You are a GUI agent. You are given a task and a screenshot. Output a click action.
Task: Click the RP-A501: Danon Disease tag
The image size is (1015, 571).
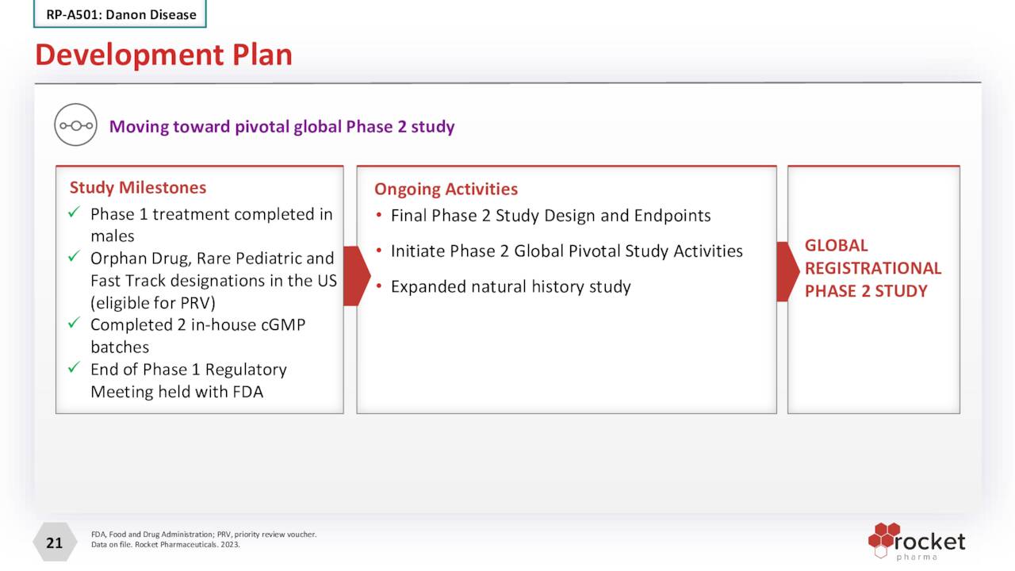pyautogui.click(x=121, y=14)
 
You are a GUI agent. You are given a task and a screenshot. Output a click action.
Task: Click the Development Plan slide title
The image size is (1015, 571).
pyautogui.click(x=163, y=55)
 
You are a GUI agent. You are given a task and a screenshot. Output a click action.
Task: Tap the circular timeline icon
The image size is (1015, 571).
pyautogui.click(x=75, y=125)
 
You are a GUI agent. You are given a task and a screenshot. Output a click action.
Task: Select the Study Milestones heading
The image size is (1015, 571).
pyautogui.click(x=138, y=187)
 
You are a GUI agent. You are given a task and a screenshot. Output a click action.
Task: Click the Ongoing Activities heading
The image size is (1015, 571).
pyautogui.click(x=446, y=189)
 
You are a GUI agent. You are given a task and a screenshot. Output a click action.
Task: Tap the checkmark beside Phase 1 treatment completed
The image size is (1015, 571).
pyautogui.click(x=74, y=213)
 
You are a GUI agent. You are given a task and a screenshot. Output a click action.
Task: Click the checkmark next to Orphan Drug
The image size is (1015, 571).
pyautogui.click(x=74, y=258)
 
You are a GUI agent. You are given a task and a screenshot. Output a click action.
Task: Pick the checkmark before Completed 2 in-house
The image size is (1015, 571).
pyautogui.click(x=74, y=324)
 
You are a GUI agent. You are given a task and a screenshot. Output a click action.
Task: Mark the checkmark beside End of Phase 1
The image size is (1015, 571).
pyautogui.click(x=74, y=369)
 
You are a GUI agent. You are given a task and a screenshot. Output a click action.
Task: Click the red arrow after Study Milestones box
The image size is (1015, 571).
pyautogui.click(x=356, y=275)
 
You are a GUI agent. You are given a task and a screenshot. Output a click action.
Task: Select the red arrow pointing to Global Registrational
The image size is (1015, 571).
pyautogui.click(x=787, y=272)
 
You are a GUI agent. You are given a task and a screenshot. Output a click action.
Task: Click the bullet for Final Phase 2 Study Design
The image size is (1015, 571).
pyautogui.click(x=380, y=216)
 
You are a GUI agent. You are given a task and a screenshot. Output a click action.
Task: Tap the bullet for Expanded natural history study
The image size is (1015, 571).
pyautogui.click(x=380, y=286)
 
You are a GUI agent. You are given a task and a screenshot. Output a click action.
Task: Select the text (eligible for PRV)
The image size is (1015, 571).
pyautogui.click(x=152, y=302)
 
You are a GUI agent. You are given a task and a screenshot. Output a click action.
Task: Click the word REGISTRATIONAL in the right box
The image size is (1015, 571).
pyautogui.click(x=873, y=268)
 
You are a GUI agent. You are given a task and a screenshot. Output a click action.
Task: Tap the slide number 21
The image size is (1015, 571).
pyautogui.click(x=54, y=542)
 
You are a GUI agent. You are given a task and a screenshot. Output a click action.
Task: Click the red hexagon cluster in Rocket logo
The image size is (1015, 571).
pyautogui.click(x=883, y=537)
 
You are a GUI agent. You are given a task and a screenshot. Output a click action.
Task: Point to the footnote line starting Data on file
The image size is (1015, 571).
pyautogui.click(x=166, y=545)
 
